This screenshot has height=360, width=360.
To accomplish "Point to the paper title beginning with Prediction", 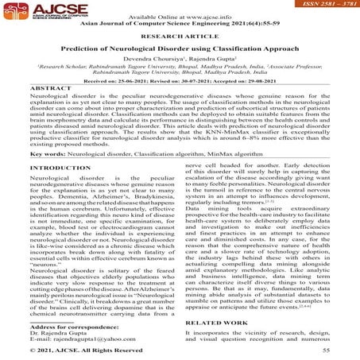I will pos(180,50).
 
